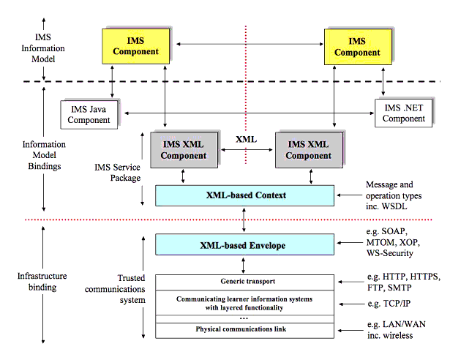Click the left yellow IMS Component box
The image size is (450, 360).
[x=136, y=46]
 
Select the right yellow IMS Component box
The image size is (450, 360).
[x=358, y=47]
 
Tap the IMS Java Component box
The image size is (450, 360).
[x=89, y=115]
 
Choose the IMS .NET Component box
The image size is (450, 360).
[x=403, y=113]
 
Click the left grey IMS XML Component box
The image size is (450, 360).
[x=184, y=150]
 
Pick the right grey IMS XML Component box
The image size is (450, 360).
[x=309, y=150]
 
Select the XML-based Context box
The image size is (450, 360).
[x=245, y=195]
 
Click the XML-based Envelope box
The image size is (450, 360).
[x=245, y=244]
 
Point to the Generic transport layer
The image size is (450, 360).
[x=245, y=282]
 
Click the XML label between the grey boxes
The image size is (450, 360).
[x=247, y=140]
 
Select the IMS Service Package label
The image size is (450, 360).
[x=118, y=173]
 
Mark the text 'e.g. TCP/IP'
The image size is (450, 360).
[x=389, y=304]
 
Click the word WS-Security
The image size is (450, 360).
[x=390, y=253]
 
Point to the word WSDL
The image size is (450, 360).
[x=394, y=206]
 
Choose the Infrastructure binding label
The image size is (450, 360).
[x=42, y=282]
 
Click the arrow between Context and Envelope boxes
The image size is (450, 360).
[x=244, y=220]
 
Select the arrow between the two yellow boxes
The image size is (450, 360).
[x=250, y=44]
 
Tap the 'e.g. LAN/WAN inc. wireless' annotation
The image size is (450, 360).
[x=397, y=330]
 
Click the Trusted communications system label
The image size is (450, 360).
[x=115, y=289]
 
